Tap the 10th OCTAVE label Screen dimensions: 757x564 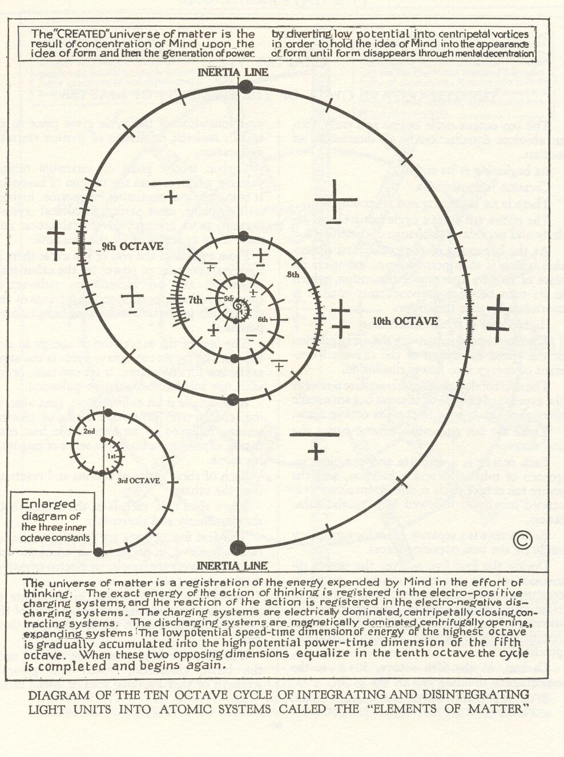point(405,321)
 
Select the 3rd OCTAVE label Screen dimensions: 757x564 point(139,481)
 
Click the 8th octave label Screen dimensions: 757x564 point(293,275)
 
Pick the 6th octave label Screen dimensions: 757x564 point(263,320)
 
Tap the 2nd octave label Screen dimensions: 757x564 point(89,431)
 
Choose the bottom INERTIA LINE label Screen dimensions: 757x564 point(232,565)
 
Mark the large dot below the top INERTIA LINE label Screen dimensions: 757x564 point(245,87)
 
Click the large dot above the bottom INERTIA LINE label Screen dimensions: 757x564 point(237,548)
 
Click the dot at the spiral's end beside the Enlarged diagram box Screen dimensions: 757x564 point(98,552)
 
